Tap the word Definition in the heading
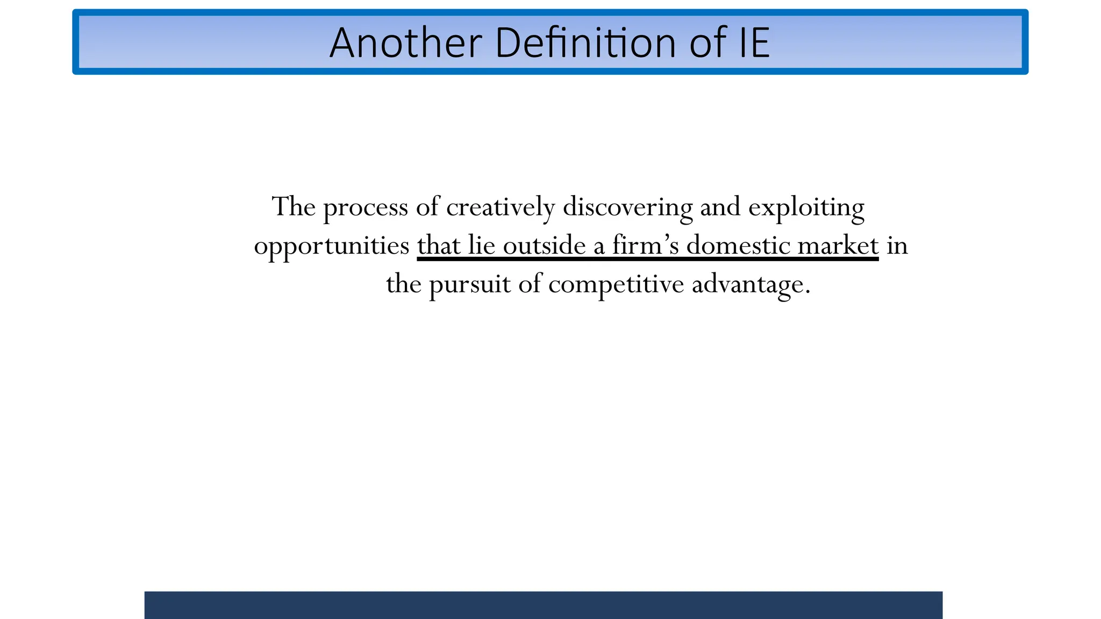pyautogui.click(x=585, y=43)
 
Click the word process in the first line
pyautogui.click(x=366, y=207)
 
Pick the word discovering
pyautogui.click(x=627, y=207)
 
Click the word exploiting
pyautogui.click(x=806, y=207)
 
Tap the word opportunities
pyautogui.click(x=331, y=247)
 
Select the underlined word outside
pyautogui.click(x=544, y=246)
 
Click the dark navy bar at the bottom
pyautogui.click(x=543, y=605)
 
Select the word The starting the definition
pyautogui.click(x=294, y=207)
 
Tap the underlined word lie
pyautogui.click(x=481, y=246)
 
